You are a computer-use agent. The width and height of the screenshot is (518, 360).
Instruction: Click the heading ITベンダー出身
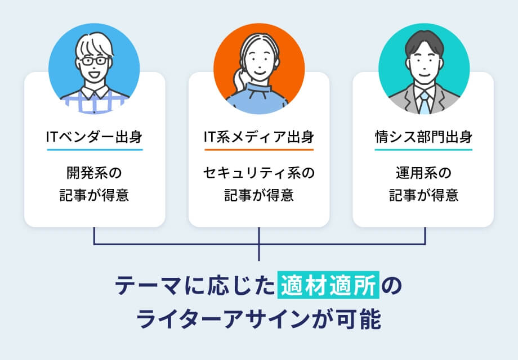click(95, 137)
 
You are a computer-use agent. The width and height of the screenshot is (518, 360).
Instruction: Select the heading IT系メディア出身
click(258, 137)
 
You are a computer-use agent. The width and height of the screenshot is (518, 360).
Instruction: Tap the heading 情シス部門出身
click(423, 137)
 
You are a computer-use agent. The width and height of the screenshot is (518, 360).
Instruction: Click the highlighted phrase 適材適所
click(329, 286)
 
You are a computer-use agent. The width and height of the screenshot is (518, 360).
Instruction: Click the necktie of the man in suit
click(424, 102)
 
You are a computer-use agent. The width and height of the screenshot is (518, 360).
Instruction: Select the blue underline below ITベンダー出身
click(95, 150)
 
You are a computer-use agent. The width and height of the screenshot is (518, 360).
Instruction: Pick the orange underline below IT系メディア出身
click(258, 150)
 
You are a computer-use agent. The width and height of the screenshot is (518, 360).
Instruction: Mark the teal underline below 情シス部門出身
click(423, 150)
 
